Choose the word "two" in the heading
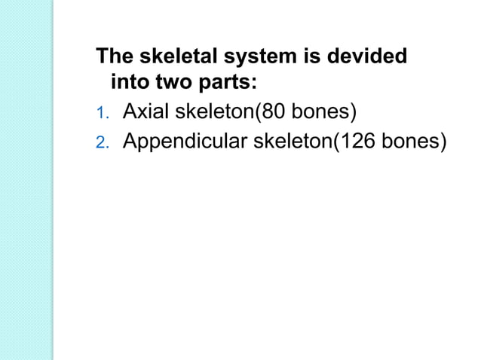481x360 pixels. (x=174, y=82)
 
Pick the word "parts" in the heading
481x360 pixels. (x=226, y=82)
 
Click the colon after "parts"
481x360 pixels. (x=256, y=83)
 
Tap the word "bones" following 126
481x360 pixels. (x=410, y=142)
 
